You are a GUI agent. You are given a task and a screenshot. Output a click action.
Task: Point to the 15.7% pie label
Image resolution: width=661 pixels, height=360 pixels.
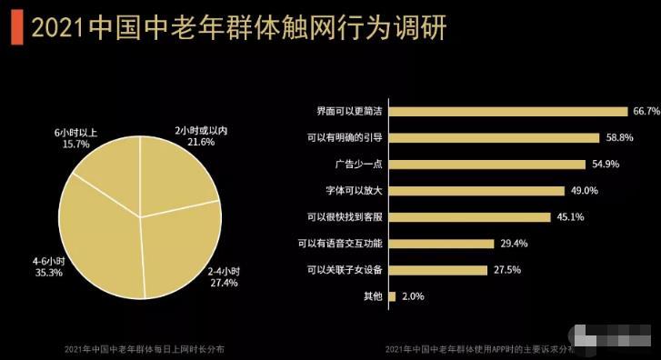[x=75, y=144]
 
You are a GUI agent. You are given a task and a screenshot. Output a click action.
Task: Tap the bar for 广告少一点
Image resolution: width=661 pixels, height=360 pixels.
[x=486, y=165]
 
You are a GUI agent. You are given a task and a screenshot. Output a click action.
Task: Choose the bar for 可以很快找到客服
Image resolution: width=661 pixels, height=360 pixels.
[x=469, y=217]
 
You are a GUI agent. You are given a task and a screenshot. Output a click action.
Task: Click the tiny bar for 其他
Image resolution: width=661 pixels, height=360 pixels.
[x=392, y=296]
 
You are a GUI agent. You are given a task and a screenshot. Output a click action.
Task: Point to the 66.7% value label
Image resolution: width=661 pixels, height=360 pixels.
[x=646, y=112]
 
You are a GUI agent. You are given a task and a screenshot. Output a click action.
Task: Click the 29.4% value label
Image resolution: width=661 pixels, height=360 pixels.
[x=512, y=244]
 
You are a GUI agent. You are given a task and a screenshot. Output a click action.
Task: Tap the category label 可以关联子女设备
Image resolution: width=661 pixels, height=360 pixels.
[x=341, y=270]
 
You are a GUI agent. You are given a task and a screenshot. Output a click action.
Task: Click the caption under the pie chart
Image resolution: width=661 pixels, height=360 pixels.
[x=145, y=349]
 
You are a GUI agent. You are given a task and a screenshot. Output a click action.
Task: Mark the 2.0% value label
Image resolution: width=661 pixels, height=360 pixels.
[x=412, y=296]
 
